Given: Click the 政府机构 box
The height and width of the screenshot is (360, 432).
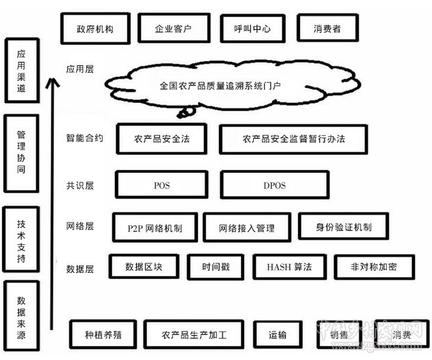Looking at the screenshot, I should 95,29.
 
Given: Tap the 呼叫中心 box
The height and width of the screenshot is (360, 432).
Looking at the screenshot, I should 248,29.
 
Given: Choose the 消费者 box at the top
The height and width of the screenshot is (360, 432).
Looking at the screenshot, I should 327,29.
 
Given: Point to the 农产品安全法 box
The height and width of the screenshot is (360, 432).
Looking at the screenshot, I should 162,138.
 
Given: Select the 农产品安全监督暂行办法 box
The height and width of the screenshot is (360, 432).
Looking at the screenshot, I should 293,138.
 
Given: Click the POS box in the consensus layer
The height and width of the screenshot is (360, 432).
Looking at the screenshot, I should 161,184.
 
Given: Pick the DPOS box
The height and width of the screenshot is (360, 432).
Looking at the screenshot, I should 276,184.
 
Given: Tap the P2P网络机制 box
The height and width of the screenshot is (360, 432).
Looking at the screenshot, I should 155,227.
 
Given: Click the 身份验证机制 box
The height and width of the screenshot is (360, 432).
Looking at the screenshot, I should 344,227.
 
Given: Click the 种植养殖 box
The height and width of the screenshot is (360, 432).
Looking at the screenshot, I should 103,336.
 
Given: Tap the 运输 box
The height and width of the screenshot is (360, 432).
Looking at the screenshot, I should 277,336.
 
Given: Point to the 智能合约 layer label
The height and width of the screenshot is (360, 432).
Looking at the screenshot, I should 85,137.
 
